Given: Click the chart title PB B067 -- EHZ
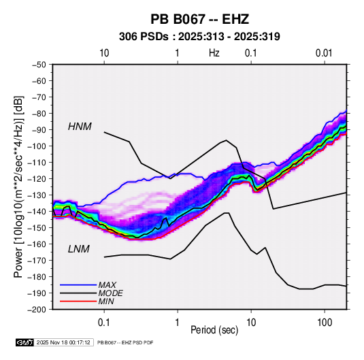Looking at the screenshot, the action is (x=199, y=19).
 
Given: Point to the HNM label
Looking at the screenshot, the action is (x=80, y=127).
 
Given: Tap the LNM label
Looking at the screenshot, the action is (x=79, y=249).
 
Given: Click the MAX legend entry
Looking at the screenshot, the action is (x=107, y=284).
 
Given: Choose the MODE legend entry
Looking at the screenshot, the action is (x=110, y=293).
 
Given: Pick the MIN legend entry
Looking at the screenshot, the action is (x=106, y=301).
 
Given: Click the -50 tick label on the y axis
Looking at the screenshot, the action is (x=39, y=65).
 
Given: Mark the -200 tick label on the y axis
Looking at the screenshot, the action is (x=37, y=310).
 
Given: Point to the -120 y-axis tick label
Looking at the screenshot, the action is (x=37, y=179).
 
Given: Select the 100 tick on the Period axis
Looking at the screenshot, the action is (x=325, y=323).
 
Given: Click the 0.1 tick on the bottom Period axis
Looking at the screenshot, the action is (x=104, y=323).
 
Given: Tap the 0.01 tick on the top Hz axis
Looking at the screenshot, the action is (x=324, y=53).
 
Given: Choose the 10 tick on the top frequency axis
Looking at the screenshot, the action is (x=104, y=53).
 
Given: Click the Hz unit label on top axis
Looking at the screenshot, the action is (x=214, y=53).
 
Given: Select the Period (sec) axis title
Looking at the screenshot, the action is (x=214, y=330).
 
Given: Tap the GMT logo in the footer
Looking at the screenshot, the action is (x=25, y=342).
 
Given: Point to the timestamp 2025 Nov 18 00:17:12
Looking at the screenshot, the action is (x=63, y=342).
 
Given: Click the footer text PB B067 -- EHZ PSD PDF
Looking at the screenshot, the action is (x=125, y=342).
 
